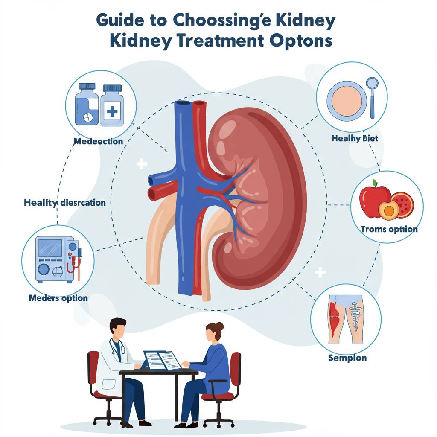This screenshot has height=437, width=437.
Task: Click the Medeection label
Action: [x=98, y=141]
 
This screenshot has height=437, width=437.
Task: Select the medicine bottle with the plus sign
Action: [x=112, y=105]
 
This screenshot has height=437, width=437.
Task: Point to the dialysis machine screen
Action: [x=50, y=248]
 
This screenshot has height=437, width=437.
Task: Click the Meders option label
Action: [x=58, y=298]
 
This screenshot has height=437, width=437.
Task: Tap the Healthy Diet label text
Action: [x=354, y=139]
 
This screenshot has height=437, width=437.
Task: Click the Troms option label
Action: [x=389, y=230]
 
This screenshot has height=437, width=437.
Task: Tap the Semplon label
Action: [x=347, y=358]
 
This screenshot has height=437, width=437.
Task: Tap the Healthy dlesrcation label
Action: [x=65, y=202]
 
